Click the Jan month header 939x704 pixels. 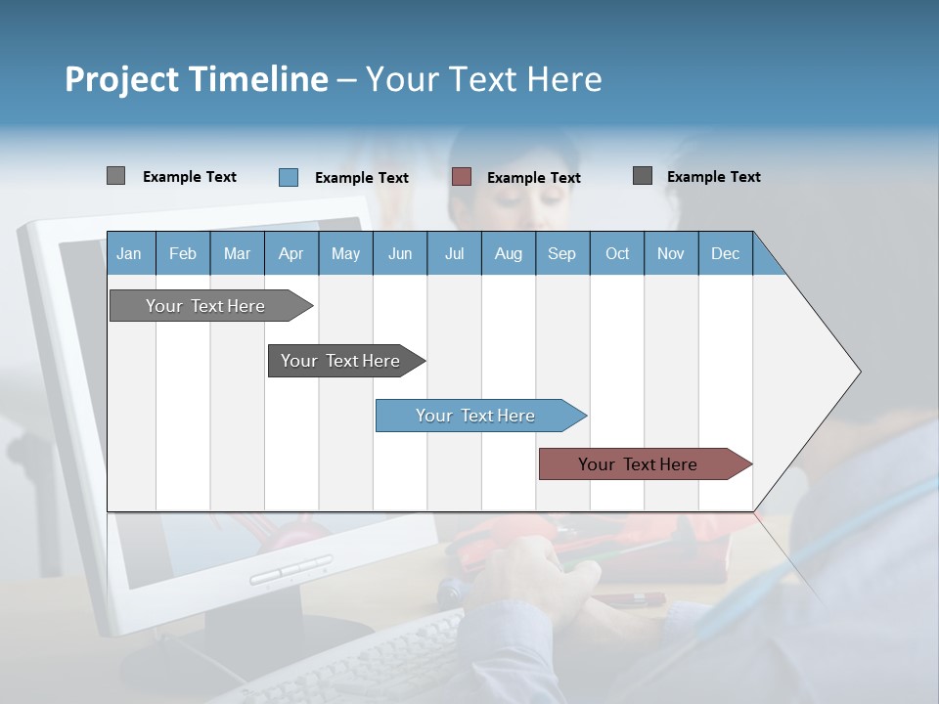pyautogui.click(x=129, y=254)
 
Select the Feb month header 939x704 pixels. pyautogui.click(x=183, y=254)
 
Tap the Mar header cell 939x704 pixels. pyautogui.click(x=237, y=254)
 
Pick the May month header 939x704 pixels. pyautogui.click(x=345, y=254)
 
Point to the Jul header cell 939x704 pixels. pyautogui.click(x=454, y=254)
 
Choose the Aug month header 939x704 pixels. pyautogui.click(x=508, y=254)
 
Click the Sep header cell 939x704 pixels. pyautogui.click(x=561, y=254)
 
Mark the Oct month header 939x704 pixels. pyautogui.click(x=617, y=254)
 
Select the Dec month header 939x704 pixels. pyautogui.click(x=725, y=254)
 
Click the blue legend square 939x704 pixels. pyautogui.click(x=288, y=177)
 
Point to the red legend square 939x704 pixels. pyautogui.click(x=462, y=177)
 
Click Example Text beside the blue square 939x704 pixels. pyautogui.click(x=361, y=178)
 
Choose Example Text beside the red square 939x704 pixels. pyautogui.click(x=533, y=178)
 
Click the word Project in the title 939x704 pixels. pyautogui.click(x=121, y=79)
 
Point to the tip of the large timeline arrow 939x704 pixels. pyautogui.click(x=858, y=372)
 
